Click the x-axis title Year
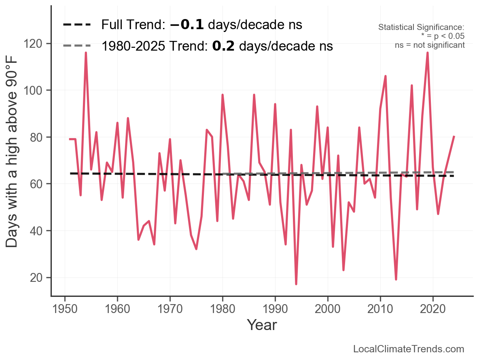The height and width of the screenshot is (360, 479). click(x=262, y=325)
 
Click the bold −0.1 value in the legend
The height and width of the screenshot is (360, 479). click(x=187, y=25)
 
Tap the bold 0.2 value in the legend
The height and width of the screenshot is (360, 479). click(x=223, y=46)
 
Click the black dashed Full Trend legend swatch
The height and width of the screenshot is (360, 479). click(x=77, y=25)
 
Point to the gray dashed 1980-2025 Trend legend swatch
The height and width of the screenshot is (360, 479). click(x=77, y=46)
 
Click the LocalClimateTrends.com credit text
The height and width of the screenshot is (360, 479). click(x=409, y=349)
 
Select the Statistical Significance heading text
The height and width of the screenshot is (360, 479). click(x=421, y=28)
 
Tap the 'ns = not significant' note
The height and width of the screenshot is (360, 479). click(x=430, y=45)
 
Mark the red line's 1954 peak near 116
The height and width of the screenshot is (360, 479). click(x=86, y=53)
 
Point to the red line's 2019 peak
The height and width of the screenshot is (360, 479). click(x=428, y=53)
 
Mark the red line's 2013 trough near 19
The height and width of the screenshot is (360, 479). click(x=396, y=279)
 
